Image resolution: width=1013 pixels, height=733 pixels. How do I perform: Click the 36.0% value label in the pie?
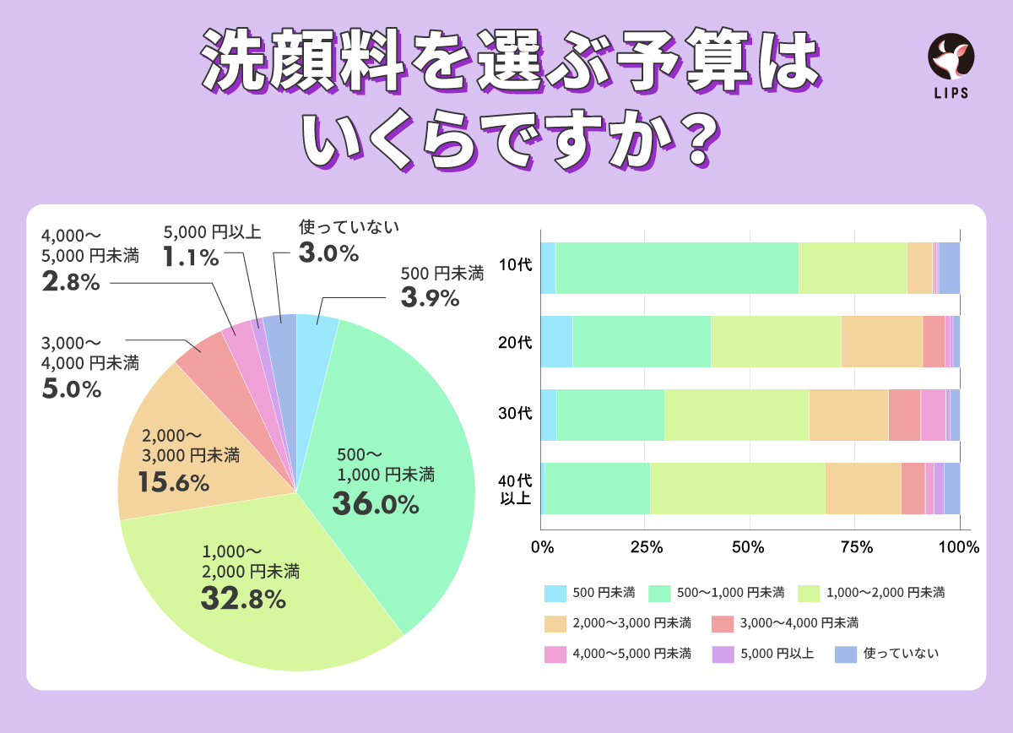point(375,504)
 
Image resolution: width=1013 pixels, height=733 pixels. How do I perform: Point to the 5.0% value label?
point(71,389)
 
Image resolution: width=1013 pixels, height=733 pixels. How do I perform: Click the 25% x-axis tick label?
point(646,546)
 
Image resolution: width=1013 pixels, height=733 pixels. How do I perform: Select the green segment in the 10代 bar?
point(676,268)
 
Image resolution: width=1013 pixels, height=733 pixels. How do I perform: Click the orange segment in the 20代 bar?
point(880,341)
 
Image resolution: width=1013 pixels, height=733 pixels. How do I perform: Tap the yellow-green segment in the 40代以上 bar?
point(736,488)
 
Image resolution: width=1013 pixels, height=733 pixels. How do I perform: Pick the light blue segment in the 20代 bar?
point(556,341)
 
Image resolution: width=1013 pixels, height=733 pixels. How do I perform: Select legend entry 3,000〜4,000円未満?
point(799,623)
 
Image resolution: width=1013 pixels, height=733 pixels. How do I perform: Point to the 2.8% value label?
point(71,283)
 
